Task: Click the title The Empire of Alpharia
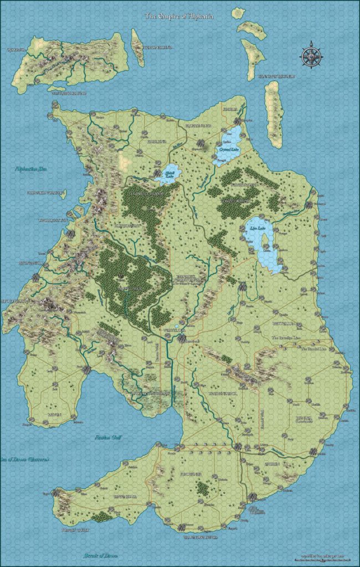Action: point(179,17)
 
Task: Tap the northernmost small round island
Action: point(239,12)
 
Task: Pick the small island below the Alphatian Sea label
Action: point(61,195)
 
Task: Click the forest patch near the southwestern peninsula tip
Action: point(101,516)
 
